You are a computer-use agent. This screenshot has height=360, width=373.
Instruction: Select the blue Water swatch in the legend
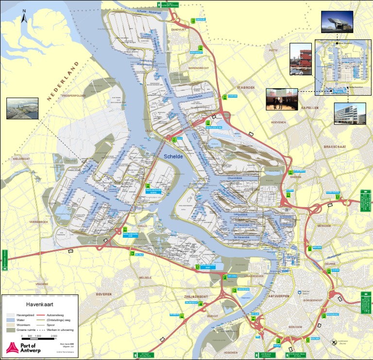[x=10, y=320]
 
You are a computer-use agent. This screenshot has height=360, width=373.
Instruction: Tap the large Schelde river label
[x=173, y=156]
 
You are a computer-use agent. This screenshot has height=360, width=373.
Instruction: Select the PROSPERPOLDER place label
[x=73, y=96]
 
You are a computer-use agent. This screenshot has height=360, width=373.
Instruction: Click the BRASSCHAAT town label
[x=336, y=146]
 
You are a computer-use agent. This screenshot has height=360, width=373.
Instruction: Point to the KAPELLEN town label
[x=310, y=108]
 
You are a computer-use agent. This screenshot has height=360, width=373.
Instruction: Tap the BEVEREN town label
[x=103, y=294]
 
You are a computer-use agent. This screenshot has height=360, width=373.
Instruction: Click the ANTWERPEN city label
[x=278, y=295]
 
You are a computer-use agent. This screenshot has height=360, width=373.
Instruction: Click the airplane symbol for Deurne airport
[x=333, y=342]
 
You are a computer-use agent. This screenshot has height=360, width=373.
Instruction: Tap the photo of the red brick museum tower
[x=300, y=59]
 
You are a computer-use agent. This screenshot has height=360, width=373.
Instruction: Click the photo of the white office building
[x=350, y=114]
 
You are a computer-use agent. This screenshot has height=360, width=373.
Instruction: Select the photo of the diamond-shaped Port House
[x=337, y=22]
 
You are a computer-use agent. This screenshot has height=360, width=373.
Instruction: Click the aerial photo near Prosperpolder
[x=22, y=108]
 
